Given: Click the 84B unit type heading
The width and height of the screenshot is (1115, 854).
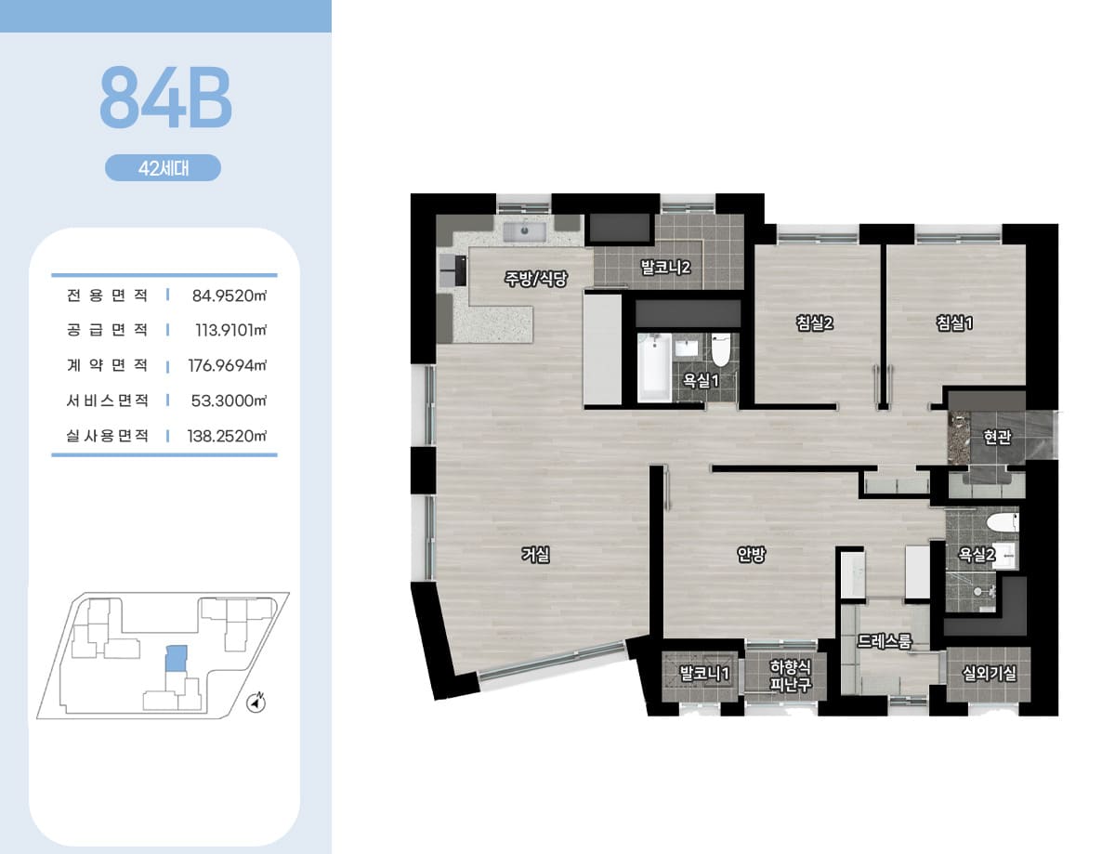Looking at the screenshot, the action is (165, 97).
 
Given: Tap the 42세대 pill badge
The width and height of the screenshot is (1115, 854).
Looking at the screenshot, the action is (164, 167).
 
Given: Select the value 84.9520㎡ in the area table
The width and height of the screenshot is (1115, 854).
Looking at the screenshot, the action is (230, 296).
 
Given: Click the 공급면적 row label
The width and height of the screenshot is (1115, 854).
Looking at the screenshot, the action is (107, 330).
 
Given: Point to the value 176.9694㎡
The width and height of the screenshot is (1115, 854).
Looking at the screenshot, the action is (228, 365).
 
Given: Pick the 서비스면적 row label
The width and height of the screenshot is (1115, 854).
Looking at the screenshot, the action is (107, 401).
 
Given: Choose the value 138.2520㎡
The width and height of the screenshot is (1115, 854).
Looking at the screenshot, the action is (228, 436).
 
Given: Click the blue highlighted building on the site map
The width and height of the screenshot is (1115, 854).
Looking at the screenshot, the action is (176, 658).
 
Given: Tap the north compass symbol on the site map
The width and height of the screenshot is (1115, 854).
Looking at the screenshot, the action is (256, 703).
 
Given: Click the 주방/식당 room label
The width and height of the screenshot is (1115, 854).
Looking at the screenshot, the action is (536, 279).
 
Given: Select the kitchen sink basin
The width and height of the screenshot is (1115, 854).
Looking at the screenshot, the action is (524, 231).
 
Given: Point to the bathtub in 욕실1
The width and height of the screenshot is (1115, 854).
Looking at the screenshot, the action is (654, 367).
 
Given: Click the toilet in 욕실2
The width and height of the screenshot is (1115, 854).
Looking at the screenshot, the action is (1003, 522).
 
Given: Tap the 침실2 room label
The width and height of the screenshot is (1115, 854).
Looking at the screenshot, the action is (814, 323).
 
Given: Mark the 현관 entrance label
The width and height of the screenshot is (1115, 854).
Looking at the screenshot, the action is (997, 437).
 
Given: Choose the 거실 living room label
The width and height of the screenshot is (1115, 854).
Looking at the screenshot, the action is (535, 554).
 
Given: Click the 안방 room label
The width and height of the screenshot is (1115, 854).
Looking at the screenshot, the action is (751, 554).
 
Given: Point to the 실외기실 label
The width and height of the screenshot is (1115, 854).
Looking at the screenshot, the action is (989, 674).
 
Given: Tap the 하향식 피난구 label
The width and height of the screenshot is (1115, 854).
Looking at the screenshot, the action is (790, 676).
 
